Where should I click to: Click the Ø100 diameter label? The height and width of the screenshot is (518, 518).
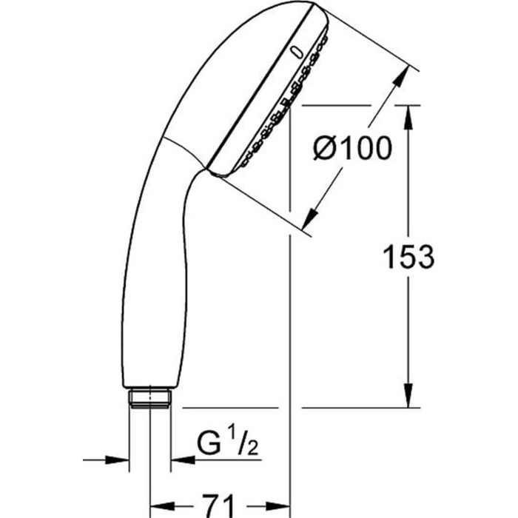pyautogui.click(x=352, y=149)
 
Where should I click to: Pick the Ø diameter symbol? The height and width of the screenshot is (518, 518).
pyautogui.click(x=326, y=149)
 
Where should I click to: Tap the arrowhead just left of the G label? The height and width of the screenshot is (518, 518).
pyautogui.click(x=181, y=460)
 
